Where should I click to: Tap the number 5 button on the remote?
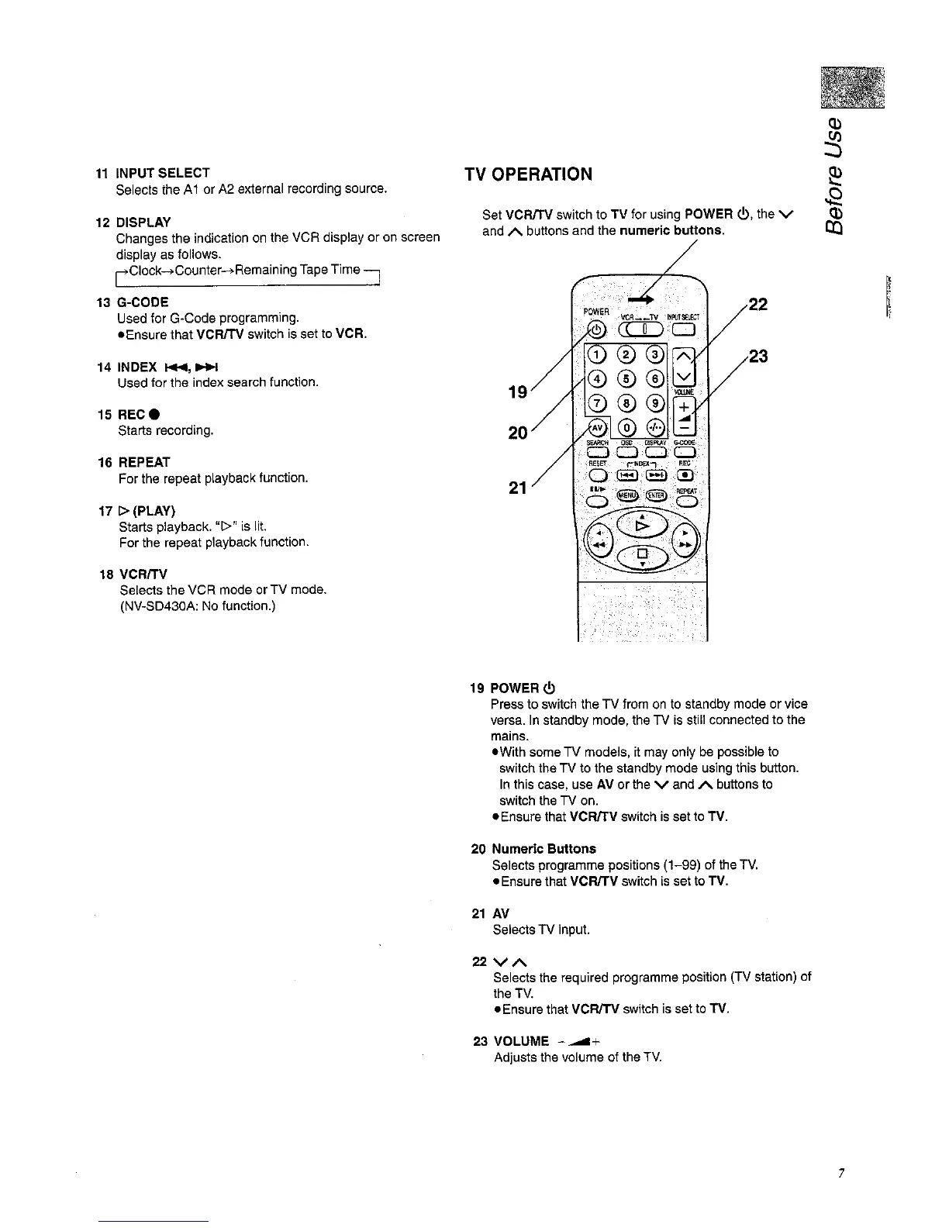coord(626,379)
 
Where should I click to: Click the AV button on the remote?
coord(597,428)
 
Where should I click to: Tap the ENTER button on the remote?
coord(656,496)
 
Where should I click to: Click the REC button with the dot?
coord(685,475)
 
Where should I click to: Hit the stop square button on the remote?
coord(642,555)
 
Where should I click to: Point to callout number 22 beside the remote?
coord(757,305)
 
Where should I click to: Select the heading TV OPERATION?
coord(528,174)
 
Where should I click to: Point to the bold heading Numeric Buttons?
coord(544,848)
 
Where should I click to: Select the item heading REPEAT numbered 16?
coord(144,462)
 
